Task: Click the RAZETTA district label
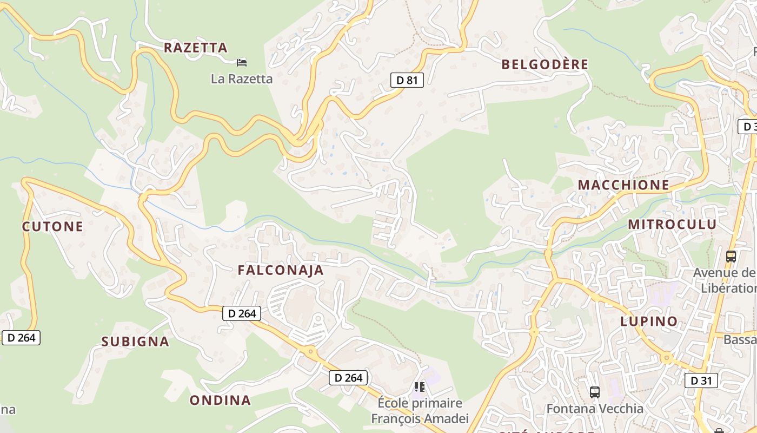tap(196, 48)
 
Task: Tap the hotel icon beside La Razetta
tap(242, 62)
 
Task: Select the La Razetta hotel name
tap(242, 79)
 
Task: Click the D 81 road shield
tap(407, 80)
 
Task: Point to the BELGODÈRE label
tap(544, 64)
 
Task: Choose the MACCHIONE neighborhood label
tap(623, 185)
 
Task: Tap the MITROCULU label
tap(672, 225)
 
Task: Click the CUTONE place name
tap(52, 226)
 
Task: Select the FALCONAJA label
tap(281, 271)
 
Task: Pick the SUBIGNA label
tap(135, 342)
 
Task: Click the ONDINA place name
tap(220, 401)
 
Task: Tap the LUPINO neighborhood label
tap(649, 322)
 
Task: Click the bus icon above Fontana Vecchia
tap(595, 392)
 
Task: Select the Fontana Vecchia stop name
tap(595, 409)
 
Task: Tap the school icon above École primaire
tap(420, 387)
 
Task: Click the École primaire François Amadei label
tap(420, 411)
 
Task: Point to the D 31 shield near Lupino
tap(701, 380)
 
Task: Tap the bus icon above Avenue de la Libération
tap(731, 257)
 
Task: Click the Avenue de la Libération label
tap(725, 280)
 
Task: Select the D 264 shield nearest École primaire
tap(349, 378)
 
